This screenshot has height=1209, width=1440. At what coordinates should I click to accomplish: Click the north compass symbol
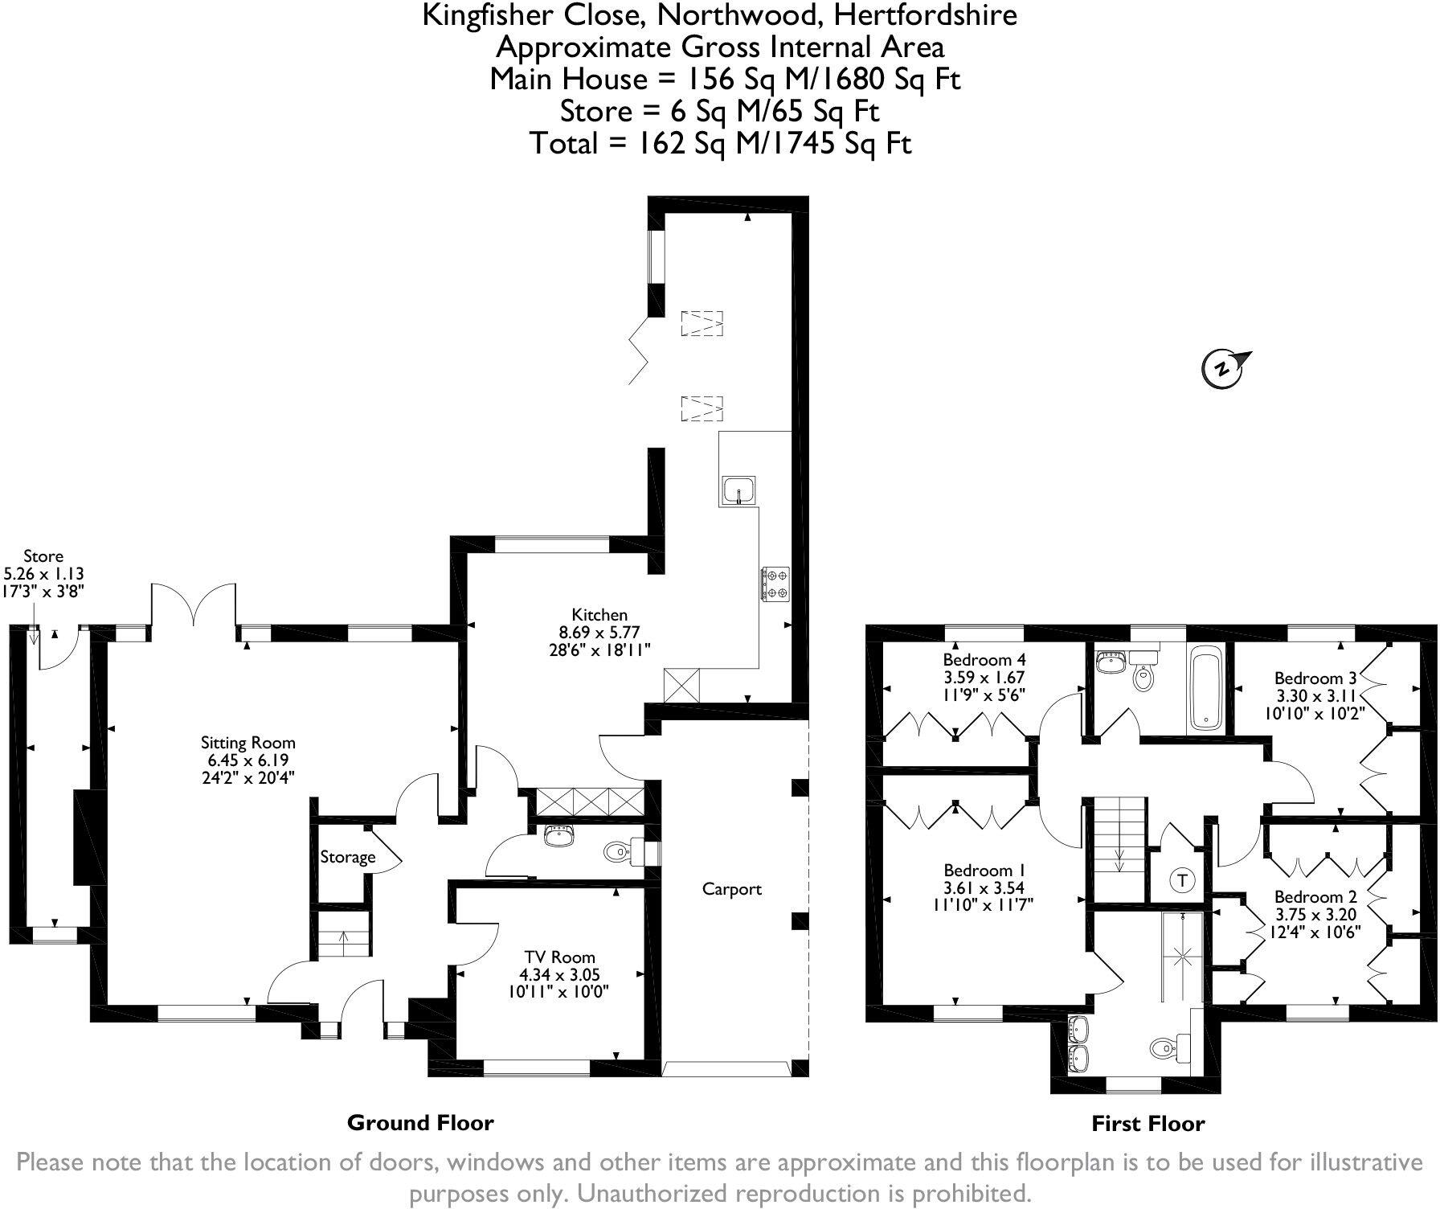coord(1223,369)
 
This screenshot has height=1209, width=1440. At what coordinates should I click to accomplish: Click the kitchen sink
coord(738,489)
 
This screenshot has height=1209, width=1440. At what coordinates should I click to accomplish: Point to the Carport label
coord(731,889)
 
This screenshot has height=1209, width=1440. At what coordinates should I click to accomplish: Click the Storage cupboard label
coord(347,857)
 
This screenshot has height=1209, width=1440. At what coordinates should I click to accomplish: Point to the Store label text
coord(43,556)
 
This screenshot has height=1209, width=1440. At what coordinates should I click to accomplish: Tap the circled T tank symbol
coord(1182,880)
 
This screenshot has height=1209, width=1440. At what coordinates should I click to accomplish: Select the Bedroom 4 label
coord(984,661)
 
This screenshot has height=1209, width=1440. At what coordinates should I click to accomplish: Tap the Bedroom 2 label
coord(1315,896)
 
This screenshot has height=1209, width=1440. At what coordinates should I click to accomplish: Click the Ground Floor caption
coord(419,1122)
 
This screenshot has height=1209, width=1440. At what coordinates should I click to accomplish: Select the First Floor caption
coord(1147,1124)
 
